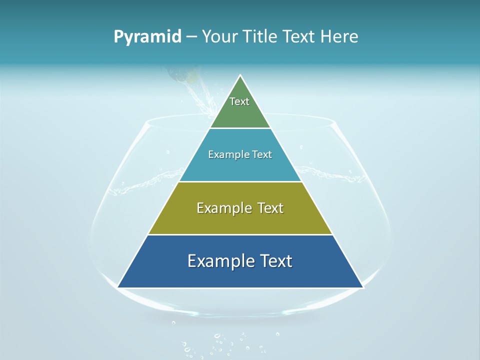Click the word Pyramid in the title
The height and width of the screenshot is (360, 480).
pos(147,37)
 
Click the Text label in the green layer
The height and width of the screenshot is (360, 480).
pos(239,101)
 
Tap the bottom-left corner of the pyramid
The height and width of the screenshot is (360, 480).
pos(118,287)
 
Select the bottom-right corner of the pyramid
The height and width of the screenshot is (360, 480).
pos(362,287)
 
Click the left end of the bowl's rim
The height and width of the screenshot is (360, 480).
pos(145,123)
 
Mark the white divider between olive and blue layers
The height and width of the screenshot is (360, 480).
pos(240,234)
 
